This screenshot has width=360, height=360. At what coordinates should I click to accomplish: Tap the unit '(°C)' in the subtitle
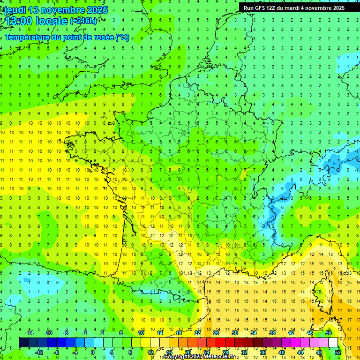point(122,37)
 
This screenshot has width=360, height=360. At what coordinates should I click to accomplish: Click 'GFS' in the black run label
point(262,8)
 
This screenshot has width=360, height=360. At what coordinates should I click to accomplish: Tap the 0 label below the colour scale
point(93,352)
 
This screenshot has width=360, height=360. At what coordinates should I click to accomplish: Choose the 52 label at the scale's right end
point(338,352)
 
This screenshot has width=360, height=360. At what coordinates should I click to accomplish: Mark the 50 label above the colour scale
point(329,333)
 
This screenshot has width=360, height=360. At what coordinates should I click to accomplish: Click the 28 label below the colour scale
point(225,352)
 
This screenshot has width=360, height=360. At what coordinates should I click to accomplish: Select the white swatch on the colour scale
point(333,343)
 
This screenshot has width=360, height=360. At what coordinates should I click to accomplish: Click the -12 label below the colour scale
point(40,352)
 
